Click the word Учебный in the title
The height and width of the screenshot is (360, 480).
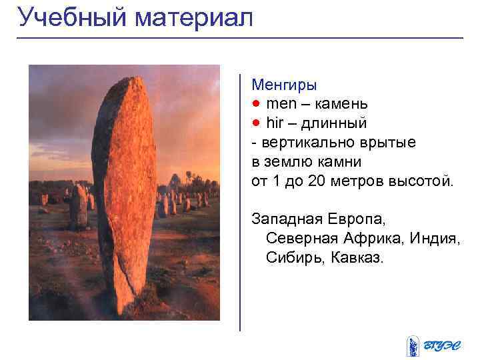tap(73, 18)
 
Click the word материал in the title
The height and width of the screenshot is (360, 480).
tap(194, 18)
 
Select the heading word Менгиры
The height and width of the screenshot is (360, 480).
tap(284, 85)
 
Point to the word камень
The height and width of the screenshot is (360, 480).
tap(341, 105)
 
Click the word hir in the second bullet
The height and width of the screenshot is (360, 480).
tap(275, 123)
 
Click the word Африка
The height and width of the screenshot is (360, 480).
tap(369, 239)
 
